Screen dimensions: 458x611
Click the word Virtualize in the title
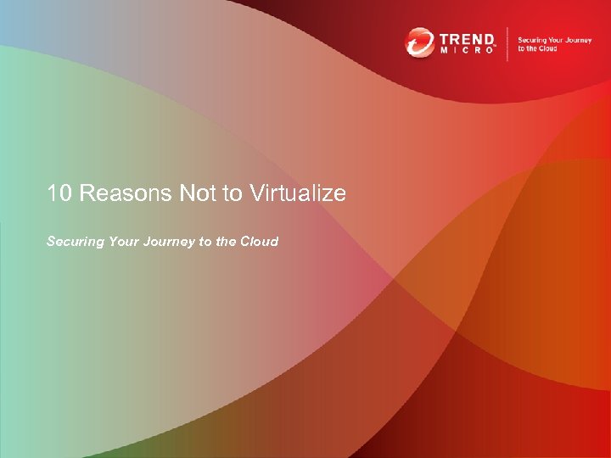click(298, 193)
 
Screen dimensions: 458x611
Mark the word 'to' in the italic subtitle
click(205, 242)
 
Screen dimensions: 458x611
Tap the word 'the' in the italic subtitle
click(226, 242)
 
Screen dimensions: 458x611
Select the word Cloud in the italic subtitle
click(259, 242)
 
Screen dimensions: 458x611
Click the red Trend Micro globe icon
click(419, 42)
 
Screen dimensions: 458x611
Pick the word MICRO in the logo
click(466, 51)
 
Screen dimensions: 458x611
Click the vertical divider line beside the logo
click(507, 43)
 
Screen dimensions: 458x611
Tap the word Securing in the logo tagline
click(532, 40)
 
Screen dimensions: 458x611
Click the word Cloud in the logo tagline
click(547, 49)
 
